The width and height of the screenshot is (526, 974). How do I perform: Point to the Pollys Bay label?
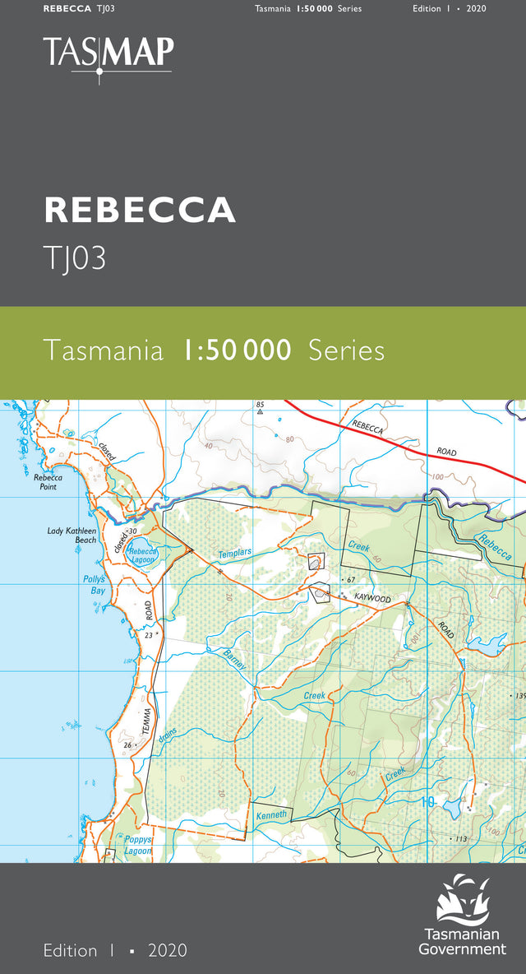click(94, 585)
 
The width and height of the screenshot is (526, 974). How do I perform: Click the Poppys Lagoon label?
click(139, 846)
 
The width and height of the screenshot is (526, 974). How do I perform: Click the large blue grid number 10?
click(427, 802)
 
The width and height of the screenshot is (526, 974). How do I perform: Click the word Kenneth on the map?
click(271, 815)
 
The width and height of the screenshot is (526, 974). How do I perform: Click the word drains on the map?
click(166, 739)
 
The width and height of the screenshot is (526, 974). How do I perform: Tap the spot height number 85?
click(260, 405)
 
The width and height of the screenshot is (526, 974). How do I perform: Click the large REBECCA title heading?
click(140, 210)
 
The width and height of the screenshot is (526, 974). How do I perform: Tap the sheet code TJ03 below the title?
click(75, 259)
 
